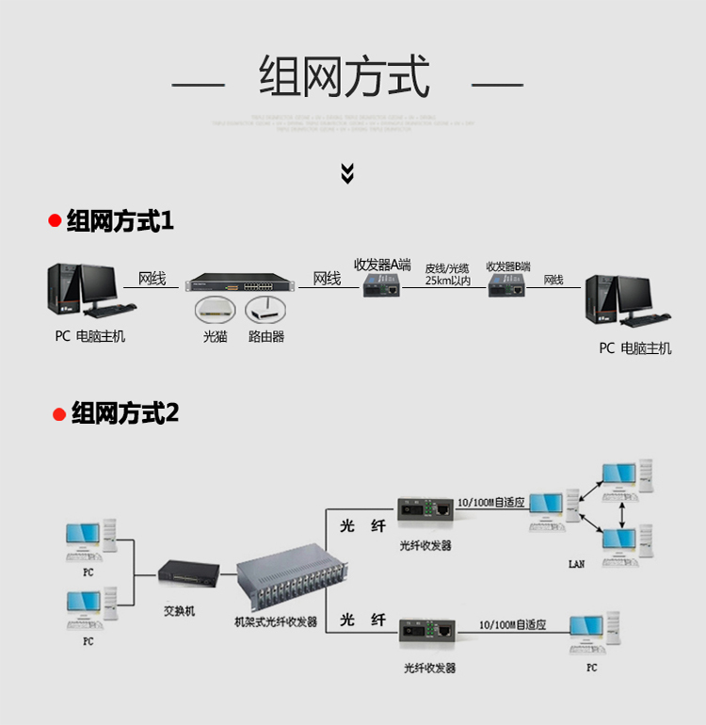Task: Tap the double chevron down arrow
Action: point(347,173)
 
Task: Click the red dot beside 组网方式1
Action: point(55,222)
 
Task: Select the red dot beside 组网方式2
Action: point(58,414)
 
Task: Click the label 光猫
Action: point(215,336)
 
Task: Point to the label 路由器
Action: point(266,336)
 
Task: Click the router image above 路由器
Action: point(265,310)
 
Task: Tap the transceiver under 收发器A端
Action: point(382,285)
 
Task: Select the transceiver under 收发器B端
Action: point(507,286)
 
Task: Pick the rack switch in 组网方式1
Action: point(240,284)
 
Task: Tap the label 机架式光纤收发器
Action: point(276,622)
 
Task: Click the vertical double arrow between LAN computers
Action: point(622,513)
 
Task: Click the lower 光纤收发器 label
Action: point(429,668)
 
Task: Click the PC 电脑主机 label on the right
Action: point(635,348)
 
